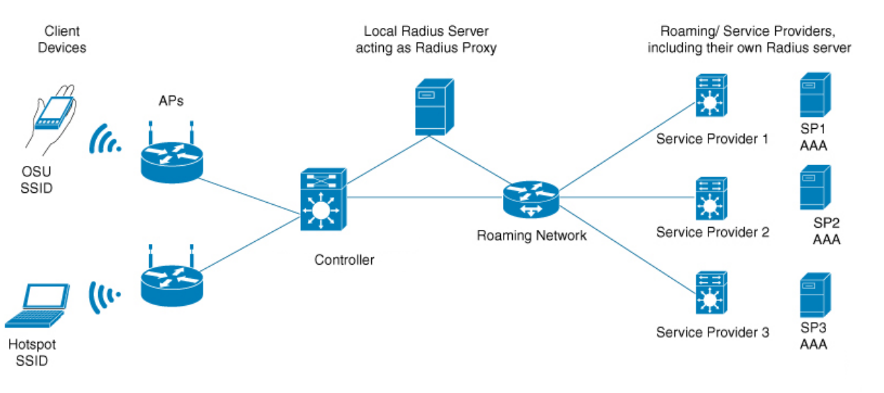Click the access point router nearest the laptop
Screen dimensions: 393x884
point(172,282)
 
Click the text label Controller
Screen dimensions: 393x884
point(344,261)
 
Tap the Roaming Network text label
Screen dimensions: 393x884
point(532,236)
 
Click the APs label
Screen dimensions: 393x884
point(171,101)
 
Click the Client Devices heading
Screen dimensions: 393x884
point(62,39)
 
